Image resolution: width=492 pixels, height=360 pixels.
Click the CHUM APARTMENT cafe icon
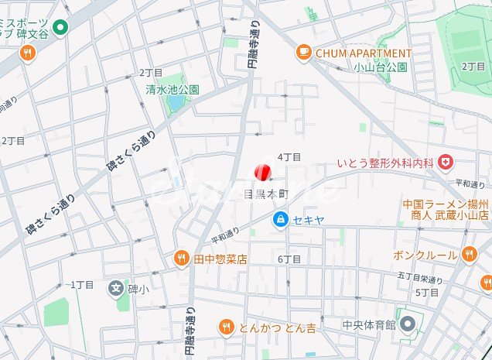(x=303, y=53)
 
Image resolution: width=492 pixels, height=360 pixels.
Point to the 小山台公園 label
(x=386, y=67)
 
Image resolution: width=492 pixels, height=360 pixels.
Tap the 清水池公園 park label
(x=173, y=89)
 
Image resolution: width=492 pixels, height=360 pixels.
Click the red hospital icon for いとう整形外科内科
(x=445, y=163)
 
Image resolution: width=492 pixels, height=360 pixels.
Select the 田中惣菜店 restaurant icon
(x=181, y=259)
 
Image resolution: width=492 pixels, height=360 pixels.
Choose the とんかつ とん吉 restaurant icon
(x=226, y=327)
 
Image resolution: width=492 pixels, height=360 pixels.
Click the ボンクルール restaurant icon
(x=469, y=254)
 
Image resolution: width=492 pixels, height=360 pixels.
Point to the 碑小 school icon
(x=115, y=289)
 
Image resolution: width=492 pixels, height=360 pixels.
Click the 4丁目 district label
(x=289, y=157)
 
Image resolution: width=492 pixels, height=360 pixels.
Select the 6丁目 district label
(x=289, y=259)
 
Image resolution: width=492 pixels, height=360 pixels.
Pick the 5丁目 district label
(x=426, y=293)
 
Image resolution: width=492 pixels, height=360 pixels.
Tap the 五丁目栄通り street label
(x=421, y=277)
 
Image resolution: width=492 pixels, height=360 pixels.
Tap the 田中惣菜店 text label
(x=220, y=259)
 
